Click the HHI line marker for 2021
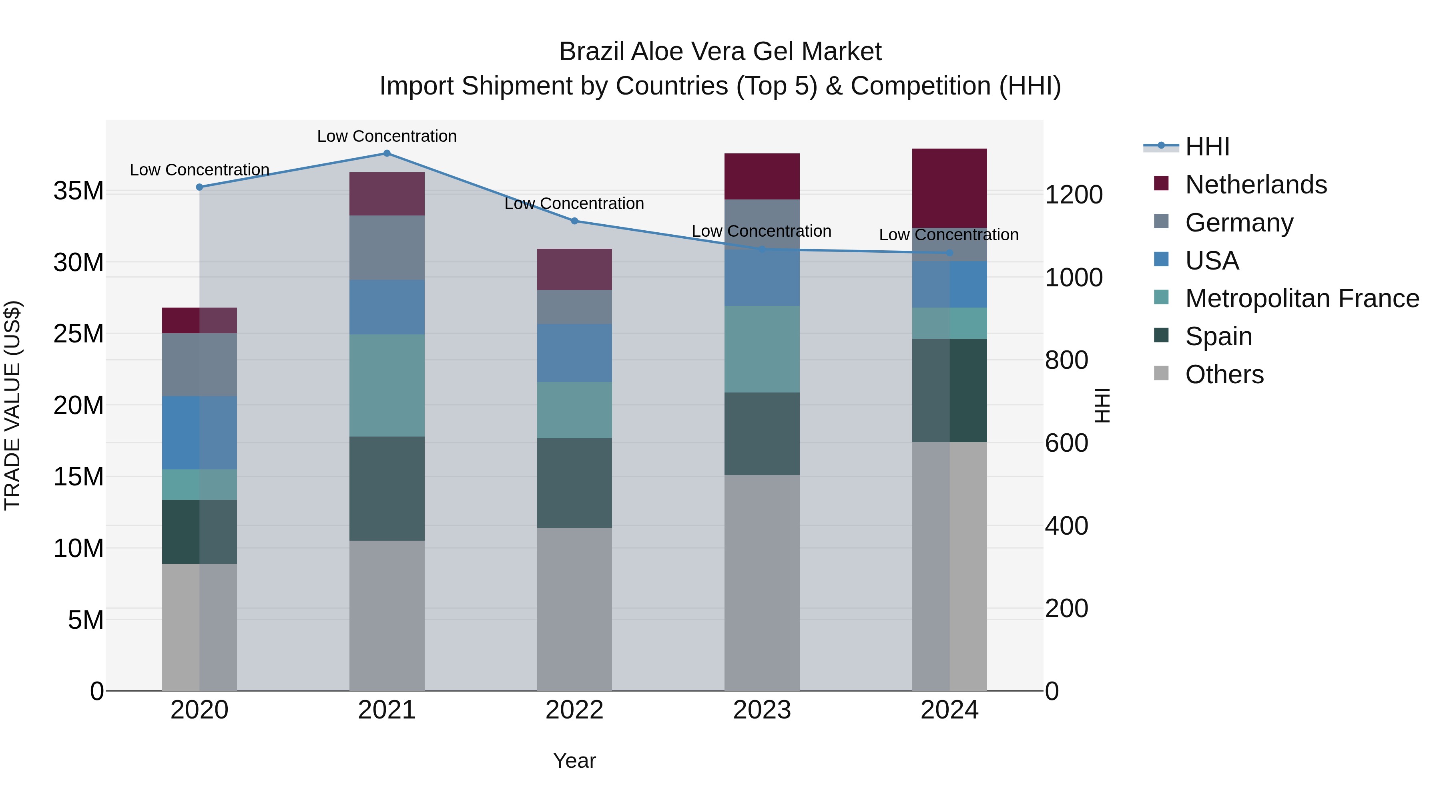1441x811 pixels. pos(387,153)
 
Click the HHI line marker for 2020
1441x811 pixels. pos(199,187)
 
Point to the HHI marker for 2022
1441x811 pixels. pos(574,221)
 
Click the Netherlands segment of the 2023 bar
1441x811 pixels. pos(762,176)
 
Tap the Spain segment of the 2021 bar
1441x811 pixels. pos(387,488)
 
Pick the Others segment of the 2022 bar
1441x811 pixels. pos(574,609)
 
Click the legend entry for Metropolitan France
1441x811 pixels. pos(1302,298)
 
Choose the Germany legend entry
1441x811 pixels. pos(1239,223)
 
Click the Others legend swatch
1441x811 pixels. pos(1161,373)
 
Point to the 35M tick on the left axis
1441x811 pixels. pos(78,191)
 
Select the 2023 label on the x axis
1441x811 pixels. pos(762,710)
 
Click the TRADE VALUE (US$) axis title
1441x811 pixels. pos(12,405)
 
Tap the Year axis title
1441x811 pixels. pos(574,761)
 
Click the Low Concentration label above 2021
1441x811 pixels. pos(387,136)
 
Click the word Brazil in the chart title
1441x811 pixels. pos(592,52)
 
